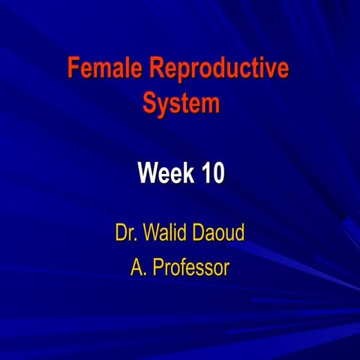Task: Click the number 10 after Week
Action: click(212, 175)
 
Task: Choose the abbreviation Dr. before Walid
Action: click(127, 232)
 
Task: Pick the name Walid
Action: click(166, 232)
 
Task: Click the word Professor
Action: click(190, 267)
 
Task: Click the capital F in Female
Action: click(73, 70)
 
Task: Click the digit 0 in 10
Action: click(217, 175)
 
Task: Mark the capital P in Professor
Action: click(158, 267)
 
